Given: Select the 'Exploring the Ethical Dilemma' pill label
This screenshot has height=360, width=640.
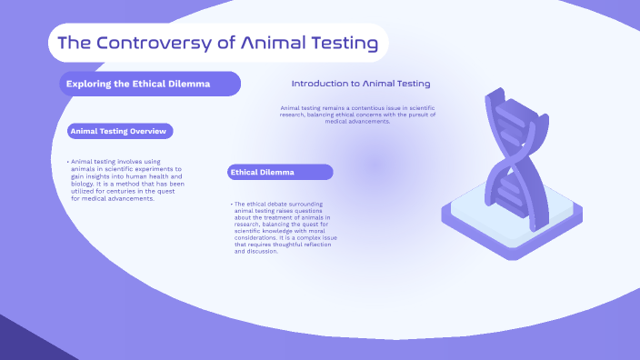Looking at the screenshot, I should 151,84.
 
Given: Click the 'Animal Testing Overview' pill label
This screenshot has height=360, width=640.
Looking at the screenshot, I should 119,131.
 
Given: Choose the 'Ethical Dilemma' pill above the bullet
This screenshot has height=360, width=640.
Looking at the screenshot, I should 280,172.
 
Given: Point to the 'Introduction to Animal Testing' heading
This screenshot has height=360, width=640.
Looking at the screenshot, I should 361,83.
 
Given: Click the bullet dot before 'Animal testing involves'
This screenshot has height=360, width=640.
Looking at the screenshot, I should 67,162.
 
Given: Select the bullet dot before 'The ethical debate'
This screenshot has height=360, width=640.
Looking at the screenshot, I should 231,204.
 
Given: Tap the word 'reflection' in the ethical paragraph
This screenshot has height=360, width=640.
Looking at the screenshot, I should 307,245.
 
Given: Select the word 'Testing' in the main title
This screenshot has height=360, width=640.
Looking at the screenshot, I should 341,43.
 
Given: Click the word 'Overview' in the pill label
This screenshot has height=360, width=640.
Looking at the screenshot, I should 149,131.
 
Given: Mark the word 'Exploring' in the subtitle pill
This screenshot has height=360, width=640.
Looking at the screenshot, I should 88,84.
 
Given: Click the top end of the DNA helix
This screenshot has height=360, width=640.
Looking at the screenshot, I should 496,95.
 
